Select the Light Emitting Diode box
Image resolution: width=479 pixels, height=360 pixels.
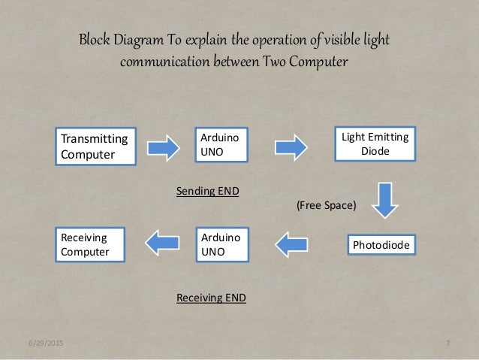(x=375, y=146)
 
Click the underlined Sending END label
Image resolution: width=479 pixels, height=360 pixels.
(x=207, y=192)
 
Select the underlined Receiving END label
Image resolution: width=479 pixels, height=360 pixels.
(x=211, y=298)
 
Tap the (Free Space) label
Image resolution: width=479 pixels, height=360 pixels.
(x=326, y=204)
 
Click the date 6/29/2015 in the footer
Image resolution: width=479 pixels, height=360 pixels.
(x=44, y=343)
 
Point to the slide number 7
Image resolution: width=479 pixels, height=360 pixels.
(x=447, y=343)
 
